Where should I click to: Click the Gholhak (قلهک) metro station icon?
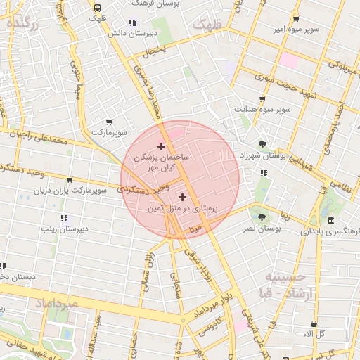pyautogui.click(x=96, y=7)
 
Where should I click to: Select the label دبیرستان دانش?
pyautogui.click(x=131, y=33)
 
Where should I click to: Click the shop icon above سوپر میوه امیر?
pyautogui.click(x=296, y=19)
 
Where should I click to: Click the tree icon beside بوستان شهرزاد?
pyautogui.click(x=262, y=143)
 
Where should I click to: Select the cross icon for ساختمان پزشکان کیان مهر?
pyautogui.click(x=161, y=147)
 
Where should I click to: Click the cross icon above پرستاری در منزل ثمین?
pyautogui.click(x=183, y=197)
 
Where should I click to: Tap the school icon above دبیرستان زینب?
pyautogui.click(x=64, y=218)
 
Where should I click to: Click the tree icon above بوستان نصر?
pyautogui.click(x=262, y=217)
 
